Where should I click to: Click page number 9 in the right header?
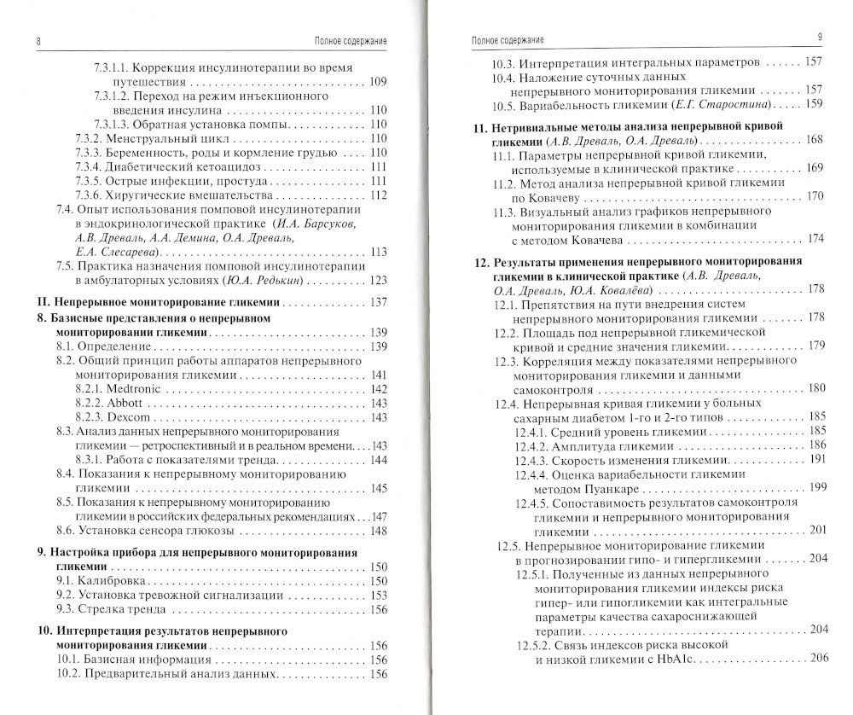pyautogui.click(x=818, y=37)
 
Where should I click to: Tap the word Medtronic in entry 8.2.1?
pyautogui.click(x=135, y=388)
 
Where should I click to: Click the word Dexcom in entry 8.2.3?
pyautogui.click(x=128, y=417)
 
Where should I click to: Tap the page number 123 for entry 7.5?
pyautogui.click(x=379, y=280)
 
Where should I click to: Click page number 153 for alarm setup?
pyautogui.click(x=379, y=595)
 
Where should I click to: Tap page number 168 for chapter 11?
pyautogui.click(x=814, y=139)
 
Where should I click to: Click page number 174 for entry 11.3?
pyautogui.click(x=815, y=238)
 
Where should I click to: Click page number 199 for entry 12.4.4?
pyautogui.click(x=817, y=487)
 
